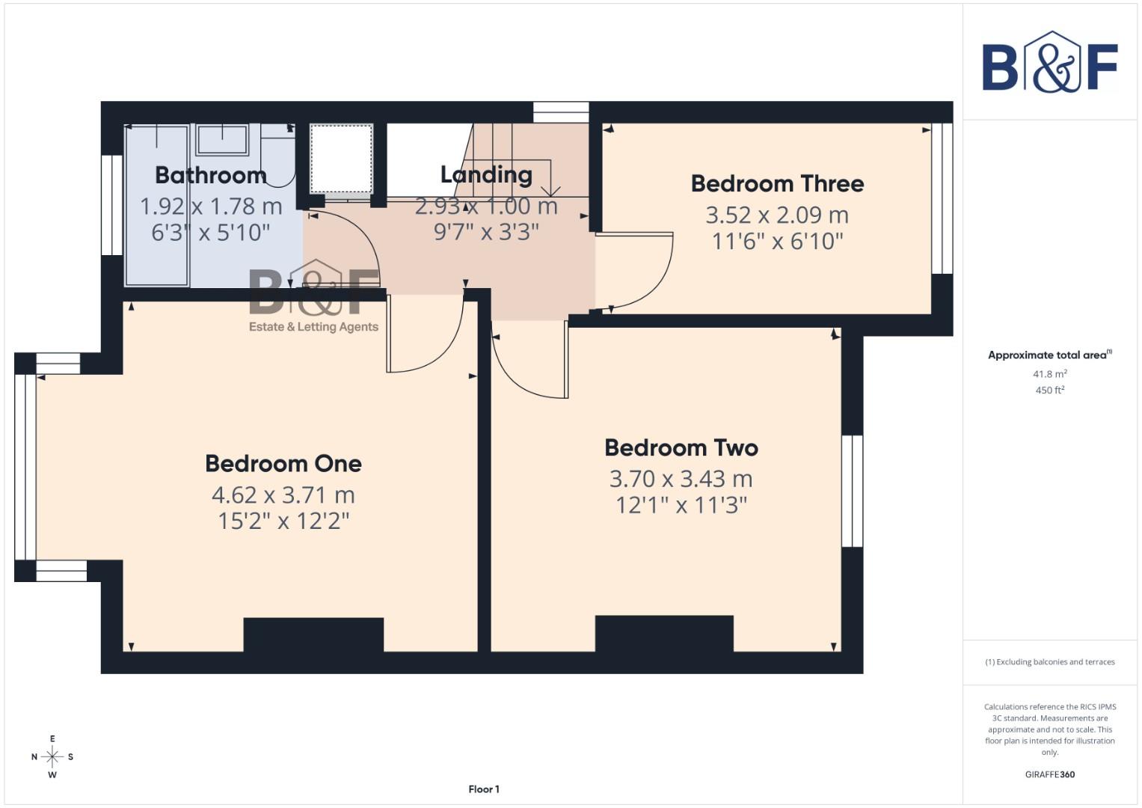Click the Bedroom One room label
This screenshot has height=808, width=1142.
tap(283, 463)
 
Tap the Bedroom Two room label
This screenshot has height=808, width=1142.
tap(681, 447)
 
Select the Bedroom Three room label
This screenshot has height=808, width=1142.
tap(777, 183)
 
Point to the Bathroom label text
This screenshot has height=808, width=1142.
tap(210, 175)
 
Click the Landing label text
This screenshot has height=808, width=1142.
tap(486, 174)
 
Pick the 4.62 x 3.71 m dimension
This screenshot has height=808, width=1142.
tap(283, 495)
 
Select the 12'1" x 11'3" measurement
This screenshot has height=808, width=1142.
tap(681, 505)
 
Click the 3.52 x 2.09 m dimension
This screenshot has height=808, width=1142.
tap(777, 215)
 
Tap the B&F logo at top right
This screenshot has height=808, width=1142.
tap(1049, 64)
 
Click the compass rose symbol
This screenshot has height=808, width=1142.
tap(52, 756)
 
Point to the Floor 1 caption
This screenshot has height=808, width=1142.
tap(484, 789)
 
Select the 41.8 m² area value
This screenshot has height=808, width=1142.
tap(1049, 373)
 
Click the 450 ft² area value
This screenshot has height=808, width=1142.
tap(1049, 390)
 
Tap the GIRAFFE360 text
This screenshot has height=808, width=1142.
tap(1049, 774)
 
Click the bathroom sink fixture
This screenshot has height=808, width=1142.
tap(222, 139)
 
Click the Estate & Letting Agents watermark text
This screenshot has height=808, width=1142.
tap(313, 327)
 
